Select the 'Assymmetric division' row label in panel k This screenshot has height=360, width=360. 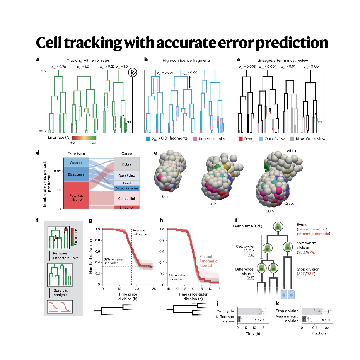(x=288, y=319)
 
